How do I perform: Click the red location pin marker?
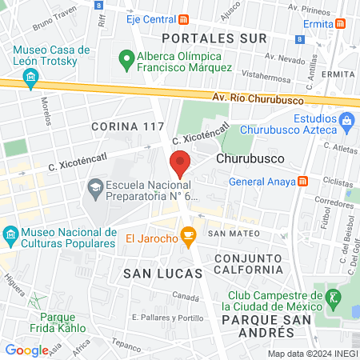pos(181,162)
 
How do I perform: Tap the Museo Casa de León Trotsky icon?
pos(31,77)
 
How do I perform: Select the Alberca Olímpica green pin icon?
pos(125,58)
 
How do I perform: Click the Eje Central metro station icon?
pos(185,19)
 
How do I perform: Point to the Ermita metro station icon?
pos(342,24)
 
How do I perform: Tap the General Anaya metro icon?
pos(303,181)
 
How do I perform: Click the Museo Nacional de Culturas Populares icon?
pos(10,237)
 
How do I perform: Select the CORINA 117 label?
pos(128,126)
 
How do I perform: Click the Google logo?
pos(26,350)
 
